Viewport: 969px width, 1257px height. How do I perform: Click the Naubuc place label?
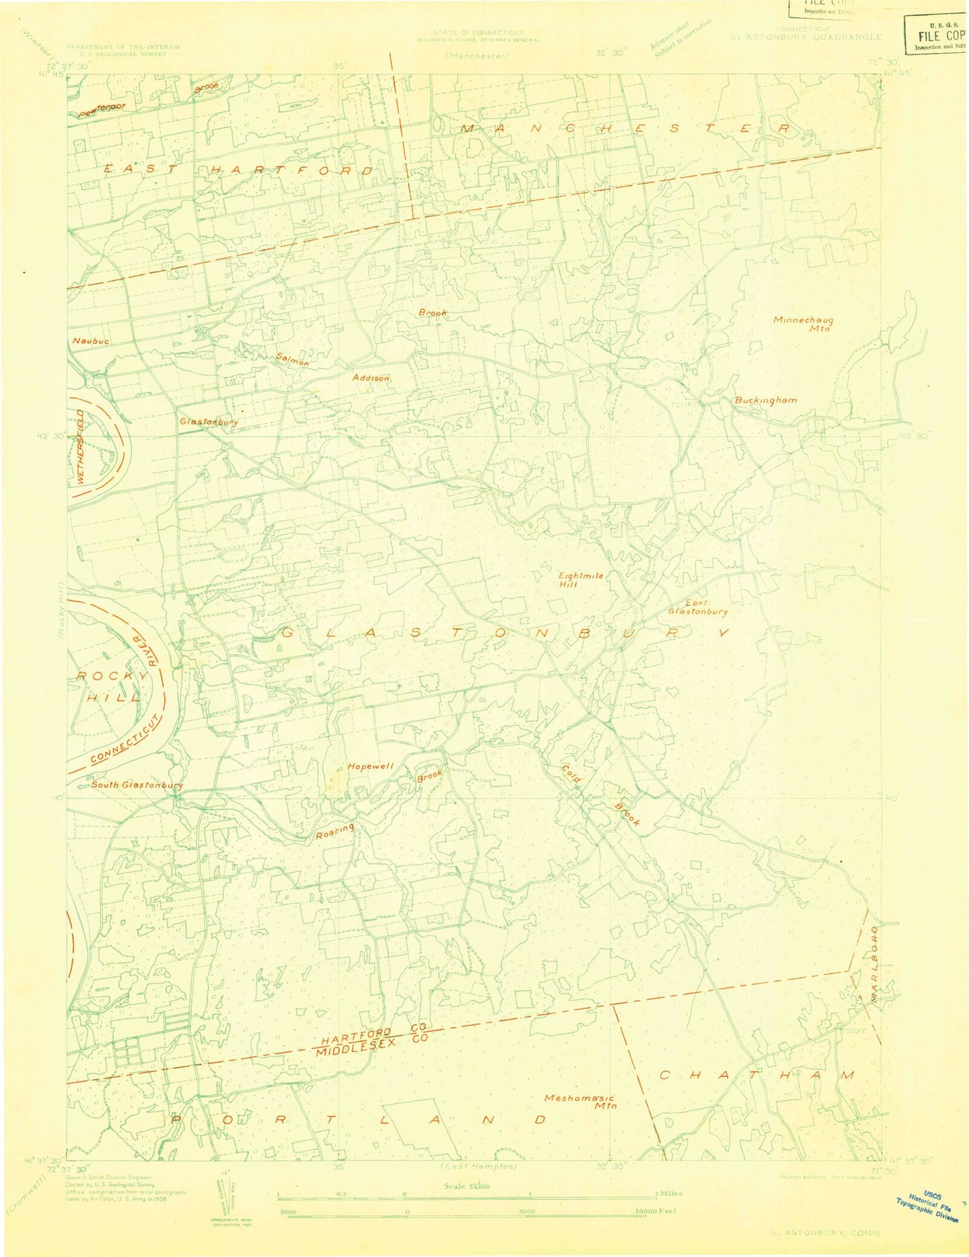coord(91,341)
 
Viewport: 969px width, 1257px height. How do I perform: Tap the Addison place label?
coord(371,378)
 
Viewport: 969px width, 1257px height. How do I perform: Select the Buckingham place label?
coord(765,400)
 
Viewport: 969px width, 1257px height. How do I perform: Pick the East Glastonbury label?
coord(697,607)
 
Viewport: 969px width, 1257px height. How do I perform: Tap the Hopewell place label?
coord(370,766)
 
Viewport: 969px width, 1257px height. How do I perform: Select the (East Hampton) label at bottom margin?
coord(478,1166)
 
